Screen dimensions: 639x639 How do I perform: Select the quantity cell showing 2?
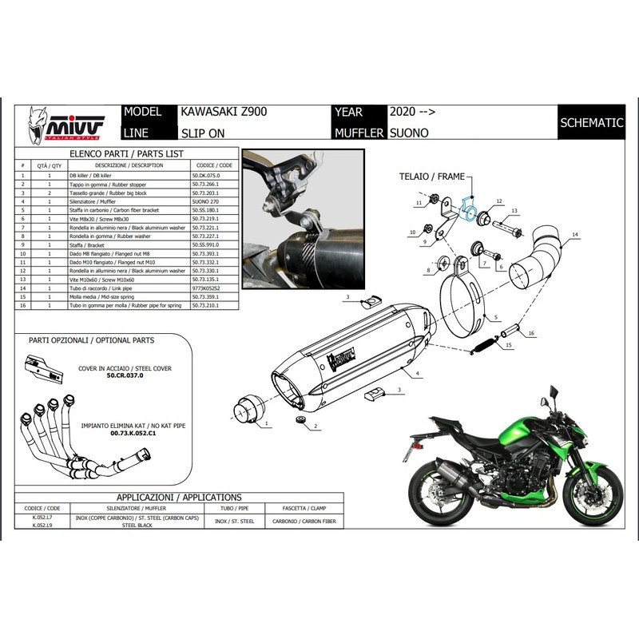coord(50,193)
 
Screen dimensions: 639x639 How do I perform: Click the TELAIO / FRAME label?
coord(431,174)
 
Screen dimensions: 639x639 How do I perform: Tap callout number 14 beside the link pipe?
coord(574,235)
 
